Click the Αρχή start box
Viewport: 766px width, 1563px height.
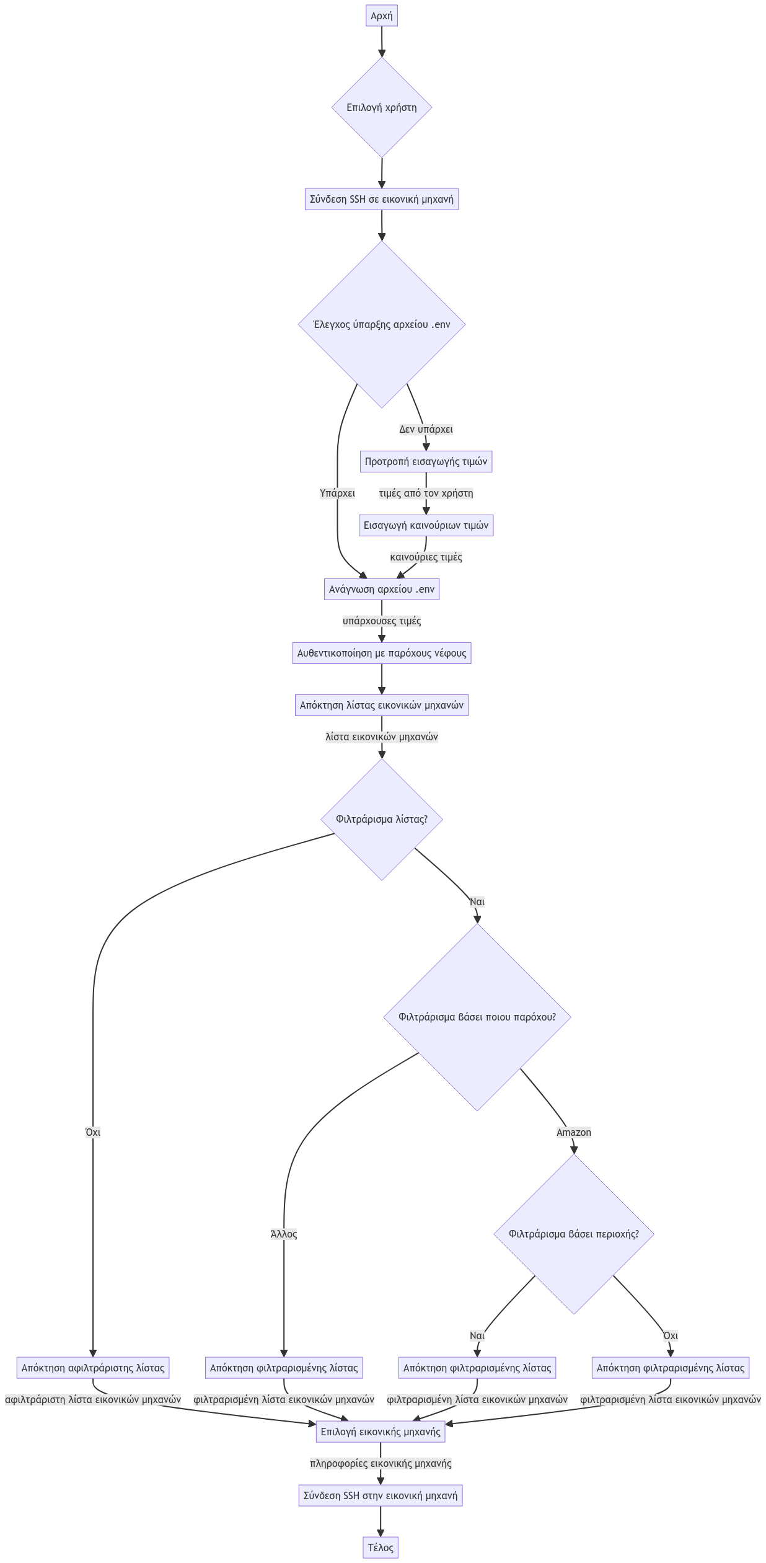coord(381,16)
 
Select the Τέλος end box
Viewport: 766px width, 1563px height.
coord(381,1548)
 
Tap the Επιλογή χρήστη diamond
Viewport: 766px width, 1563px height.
coord(381,107)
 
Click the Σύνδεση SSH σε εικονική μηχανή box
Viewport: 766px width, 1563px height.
coord(381,199)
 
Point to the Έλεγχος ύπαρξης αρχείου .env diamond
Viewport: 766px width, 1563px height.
coord(381,324)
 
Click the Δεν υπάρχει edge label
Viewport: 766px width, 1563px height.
coord(426,429)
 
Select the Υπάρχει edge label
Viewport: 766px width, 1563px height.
coord(337,494)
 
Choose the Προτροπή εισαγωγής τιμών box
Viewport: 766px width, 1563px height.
coord(426,461)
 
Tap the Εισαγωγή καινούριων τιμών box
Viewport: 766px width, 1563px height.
coord(426,525)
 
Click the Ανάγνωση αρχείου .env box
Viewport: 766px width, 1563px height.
coord(381,589)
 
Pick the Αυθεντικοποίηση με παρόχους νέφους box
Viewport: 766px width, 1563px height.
coord(381,653)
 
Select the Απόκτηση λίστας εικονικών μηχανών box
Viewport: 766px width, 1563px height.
coord(381,705)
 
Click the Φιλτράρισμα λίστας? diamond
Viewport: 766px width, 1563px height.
coord(381,819)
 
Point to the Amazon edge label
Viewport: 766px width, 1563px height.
coord(573,1133)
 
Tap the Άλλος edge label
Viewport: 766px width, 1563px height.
coord(284,1234)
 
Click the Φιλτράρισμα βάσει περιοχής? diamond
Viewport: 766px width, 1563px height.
coord(573,1234)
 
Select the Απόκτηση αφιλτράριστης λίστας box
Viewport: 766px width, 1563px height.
coord(93,1368)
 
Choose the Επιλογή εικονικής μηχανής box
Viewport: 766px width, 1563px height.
coord(381,1432)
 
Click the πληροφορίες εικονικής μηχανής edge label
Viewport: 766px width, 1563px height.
coord(381,1463)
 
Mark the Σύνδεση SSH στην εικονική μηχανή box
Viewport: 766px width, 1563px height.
coord(381,1495)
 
